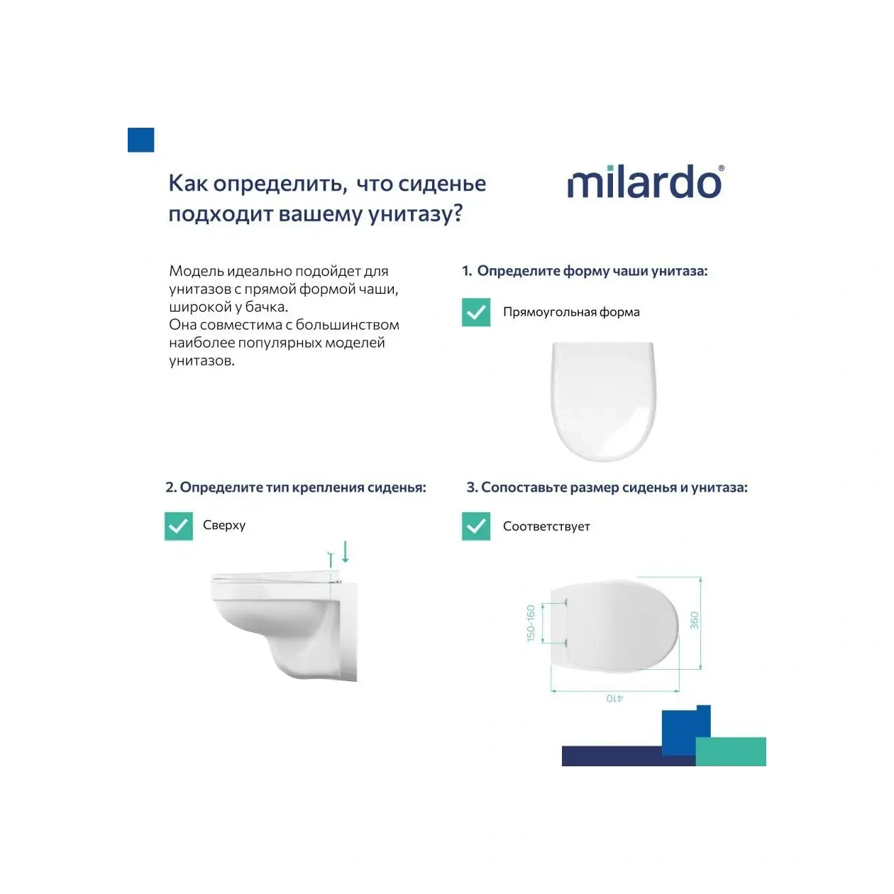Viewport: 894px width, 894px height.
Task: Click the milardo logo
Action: [644, 182]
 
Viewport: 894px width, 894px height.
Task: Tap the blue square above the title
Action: [140, 140]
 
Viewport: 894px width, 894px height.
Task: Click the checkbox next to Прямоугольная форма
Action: [476, 312]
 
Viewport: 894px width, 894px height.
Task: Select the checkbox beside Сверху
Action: [179, 526]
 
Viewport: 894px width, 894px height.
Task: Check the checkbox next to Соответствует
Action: [476, 526]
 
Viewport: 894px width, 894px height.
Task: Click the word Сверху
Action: [224, 525]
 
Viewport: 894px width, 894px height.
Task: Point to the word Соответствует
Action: [546, 526]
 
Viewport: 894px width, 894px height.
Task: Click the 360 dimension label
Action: [695, 620]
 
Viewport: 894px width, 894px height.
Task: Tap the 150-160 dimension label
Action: [531, 623]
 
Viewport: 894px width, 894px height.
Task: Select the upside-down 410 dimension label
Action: [614, 698]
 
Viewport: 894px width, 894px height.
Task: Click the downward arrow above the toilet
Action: [346, 551]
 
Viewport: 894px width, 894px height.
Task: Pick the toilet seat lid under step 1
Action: [604, 401]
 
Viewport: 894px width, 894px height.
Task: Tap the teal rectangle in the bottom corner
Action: [731, 752]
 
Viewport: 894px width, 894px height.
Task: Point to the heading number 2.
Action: [170, 487]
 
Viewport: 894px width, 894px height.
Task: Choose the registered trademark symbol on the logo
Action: [722, 169]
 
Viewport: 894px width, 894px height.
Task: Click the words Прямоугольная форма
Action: [571, 312]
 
